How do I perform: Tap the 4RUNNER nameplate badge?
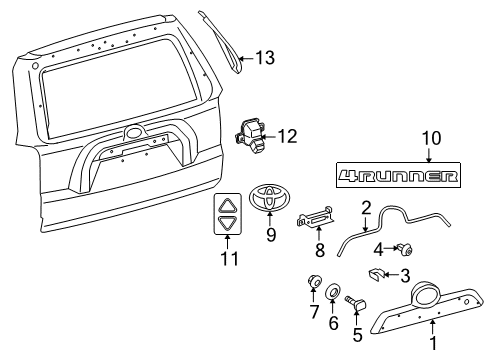[x=398, y=175]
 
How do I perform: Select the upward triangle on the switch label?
[x=227, y=206]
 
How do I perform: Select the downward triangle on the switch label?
[x=227, y=222]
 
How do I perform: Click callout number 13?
[x=265, y=58]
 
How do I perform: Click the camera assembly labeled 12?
[x=250, y=136]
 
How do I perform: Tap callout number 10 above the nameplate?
[x=432, y=138]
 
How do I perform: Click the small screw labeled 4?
[x=404, y=249]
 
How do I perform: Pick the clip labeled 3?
[x=376, y=274]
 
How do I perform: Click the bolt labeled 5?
[x=356, y=302]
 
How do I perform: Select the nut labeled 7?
[x=314, y=281]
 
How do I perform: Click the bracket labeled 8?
[x=315, y=218]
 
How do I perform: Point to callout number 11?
[x=230, y=259]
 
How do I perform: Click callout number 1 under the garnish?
[x=433, y=343]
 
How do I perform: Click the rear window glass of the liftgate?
[x=119, y=88]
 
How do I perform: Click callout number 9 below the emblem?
[x=271, y=235]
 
